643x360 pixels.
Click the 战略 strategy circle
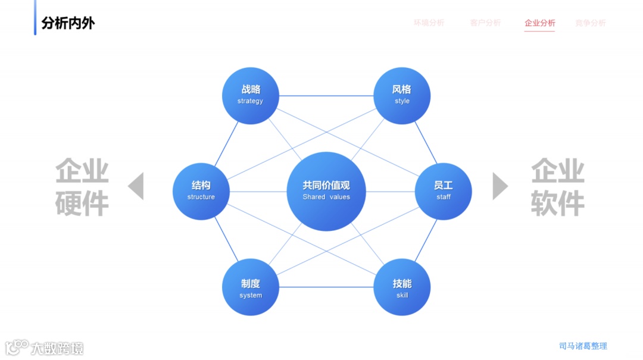(250, 95)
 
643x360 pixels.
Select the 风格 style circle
(402, 95)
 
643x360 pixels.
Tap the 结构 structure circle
(201, 191)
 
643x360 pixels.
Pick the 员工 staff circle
(443, 191)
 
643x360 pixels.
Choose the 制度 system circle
(250, 287)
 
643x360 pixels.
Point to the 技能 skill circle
(402, 287)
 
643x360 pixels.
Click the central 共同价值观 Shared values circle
(326, 191)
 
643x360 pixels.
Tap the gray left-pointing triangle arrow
(137, 186)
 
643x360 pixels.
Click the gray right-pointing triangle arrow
(500, 186)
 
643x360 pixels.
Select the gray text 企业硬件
(82, 187)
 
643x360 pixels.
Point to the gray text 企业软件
(557, 187)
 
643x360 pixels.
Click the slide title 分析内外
(68, 23)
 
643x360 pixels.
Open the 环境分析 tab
(429, 23)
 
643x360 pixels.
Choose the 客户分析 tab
(485, 23)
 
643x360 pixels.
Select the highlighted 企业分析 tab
(539, 23)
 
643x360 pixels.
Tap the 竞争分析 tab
(590, 23)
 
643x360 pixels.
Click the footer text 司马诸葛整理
(583, 346)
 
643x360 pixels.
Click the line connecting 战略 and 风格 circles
(326, 96)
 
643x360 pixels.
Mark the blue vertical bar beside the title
(35, 17)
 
